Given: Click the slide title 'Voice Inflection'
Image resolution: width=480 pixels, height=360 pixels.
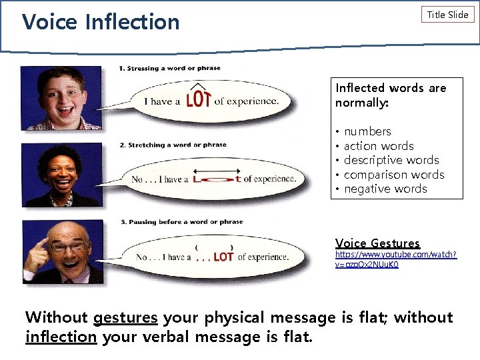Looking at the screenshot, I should click(x=101, y=21).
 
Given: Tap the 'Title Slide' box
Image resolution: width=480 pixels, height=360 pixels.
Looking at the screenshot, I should click(x=447, y=15).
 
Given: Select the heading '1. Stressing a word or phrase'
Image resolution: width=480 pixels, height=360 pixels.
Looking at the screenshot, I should click(x=169, y=68).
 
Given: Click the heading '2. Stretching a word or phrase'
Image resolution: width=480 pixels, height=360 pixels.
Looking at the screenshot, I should click(x=173, y=145).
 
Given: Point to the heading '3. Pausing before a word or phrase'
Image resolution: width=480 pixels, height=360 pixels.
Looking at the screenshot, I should click(x=181, y=222).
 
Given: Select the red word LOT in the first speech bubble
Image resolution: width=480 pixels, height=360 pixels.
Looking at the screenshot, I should click(x=199, y=99).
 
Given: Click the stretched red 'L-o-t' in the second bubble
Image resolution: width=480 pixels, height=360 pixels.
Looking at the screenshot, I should click(x=217, y=178).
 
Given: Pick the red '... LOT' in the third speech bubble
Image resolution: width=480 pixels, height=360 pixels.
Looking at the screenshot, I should click(x=213, y=257).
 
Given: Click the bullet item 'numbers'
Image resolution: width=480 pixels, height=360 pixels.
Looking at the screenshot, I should click(x=367, y=131).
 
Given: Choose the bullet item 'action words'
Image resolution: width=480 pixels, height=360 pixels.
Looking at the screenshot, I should click(x=379, y=146).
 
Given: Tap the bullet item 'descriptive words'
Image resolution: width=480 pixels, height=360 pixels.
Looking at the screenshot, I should click(x=391, y=160).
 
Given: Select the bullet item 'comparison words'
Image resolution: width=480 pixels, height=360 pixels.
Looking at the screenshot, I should click(x=394, y=175).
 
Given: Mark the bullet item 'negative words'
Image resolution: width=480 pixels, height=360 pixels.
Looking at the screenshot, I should click(x=385, y=189).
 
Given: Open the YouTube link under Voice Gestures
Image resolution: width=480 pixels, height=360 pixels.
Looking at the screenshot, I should click(x=395, y=259).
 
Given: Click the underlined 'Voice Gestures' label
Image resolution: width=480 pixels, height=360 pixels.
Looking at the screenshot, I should click(x=377, y=243).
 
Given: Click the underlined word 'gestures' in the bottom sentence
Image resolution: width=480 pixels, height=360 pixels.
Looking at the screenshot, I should click(x=125, y=317).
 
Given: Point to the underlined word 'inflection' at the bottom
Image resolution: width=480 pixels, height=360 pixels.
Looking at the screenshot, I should click(x=61, y=337).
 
